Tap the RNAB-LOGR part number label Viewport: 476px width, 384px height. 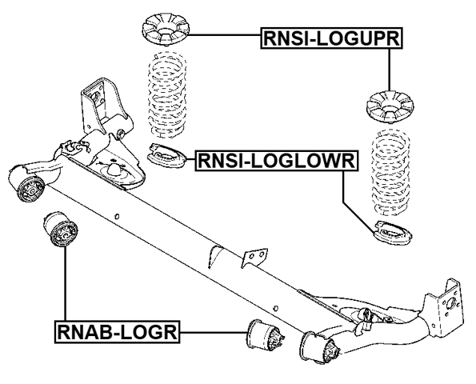(x=117, y=330)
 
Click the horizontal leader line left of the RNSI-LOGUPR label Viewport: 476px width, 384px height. (x=225, y=35)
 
